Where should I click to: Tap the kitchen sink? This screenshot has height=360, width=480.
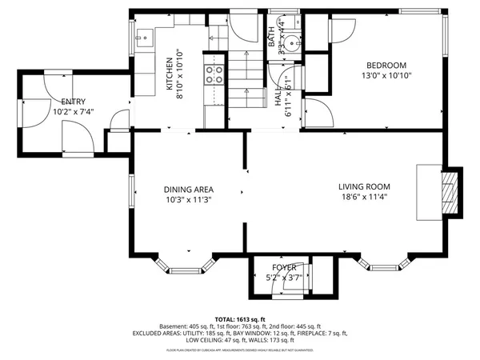[x=146, y=35]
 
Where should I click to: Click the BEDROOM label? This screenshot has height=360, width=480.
[x=387, y=66]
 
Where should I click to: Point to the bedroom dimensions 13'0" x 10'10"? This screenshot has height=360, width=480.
[x=387, y=77]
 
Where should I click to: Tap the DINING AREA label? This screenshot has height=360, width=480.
[x=189, y=190]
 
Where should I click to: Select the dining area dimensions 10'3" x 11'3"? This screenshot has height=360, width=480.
[x=189, y=200]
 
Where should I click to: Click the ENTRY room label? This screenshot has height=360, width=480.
[x=74, y=102]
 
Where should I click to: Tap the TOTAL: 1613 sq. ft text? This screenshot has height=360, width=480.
[x=239, y=318]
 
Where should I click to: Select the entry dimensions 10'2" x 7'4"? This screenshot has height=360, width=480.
[x=74, y=112]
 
